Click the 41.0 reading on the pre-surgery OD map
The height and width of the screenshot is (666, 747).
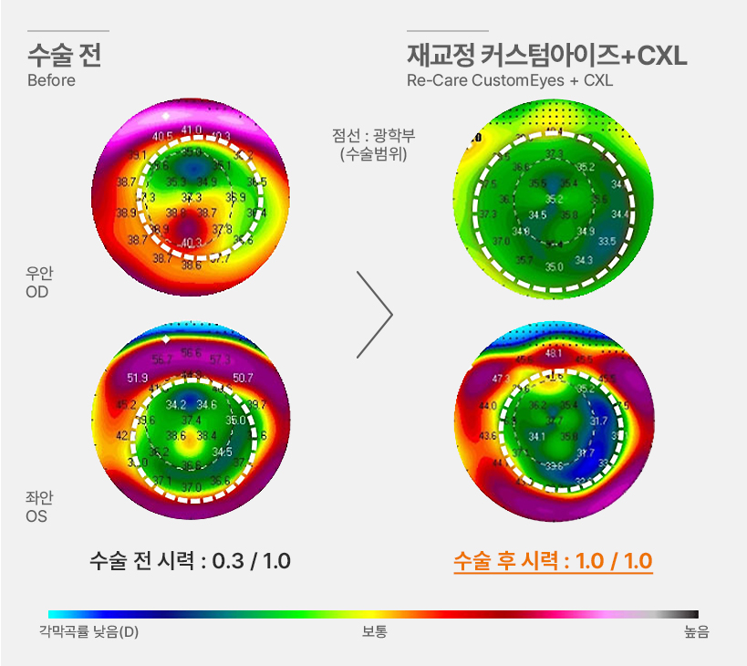coord(191,130)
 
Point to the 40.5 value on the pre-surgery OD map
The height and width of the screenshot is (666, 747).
coord(162,137)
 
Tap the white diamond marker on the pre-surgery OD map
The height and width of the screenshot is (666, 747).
coord(165,117)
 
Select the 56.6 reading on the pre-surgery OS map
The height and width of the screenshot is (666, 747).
coord(192,353)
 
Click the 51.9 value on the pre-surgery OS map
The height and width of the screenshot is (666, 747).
coord(138,378)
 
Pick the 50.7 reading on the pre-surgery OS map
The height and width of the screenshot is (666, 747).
coord(243,377)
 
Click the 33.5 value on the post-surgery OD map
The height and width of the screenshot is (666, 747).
coord(607,241)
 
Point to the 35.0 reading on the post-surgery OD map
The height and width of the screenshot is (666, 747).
coord(554,267)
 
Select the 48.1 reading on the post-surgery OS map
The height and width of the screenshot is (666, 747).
coord(554,353)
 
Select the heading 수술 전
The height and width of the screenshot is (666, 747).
coord(64,56)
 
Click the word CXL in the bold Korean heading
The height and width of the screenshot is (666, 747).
coord(662,57)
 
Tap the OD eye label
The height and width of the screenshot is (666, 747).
coord(37,292)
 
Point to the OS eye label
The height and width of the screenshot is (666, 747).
coord(37,516)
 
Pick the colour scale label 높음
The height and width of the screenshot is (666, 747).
coord(696,631)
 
